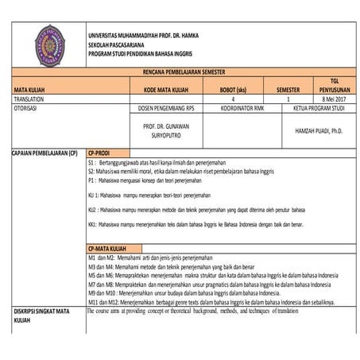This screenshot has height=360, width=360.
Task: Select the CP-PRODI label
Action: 101,151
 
